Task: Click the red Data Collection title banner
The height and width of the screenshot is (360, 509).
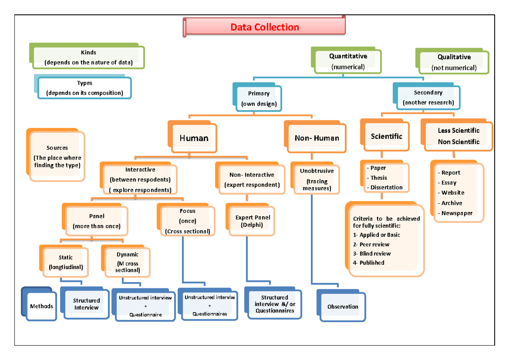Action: [x=265, y=28]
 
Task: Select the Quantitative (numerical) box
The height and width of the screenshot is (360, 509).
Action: [x=348, y=61]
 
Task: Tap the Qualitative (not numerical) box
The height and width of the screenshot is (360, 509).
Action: [x=454, y=62]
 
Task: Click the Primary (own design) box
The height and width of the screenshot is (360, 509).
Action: [x=258, y=98]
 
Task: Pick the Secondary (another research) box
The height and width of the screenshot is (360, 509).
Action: [x=428, y=98]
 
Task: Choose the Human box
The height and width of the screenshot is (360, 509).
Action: [x=194, y=138]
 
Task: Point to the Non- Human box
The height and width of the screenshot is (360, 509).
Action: [x=316, y=138]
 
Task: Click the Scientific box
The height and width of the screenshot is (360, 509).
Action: [x=386, y=137]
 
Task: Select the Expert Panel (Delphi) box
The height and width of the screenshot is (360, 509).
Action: [x=253, y=221]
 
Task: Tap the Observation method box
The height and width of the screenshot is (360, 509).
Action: [x=343, y=307]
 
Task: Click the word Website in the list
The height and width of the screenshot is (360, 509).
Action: [x=453, y=193]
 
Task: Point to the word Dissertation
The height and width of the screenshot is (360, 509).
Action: [x=386, y=187]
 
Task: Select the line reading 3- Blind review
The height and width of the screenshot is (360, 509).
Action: [x=372, y=254]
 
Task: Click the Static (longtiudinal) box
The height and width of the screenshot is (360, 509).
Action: [x=66, y=262]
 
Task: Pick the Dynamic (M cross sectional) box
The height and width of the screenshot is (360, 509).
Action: [x=128, y=262]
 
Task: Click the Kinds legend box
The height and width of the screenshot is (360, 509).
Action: [x=89, y=58]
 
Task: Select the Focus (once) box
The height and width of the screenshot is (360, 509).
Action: [x=187, y=221]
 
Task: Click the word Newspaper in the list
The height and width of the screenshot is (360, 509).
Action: [x=457, y=213]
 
